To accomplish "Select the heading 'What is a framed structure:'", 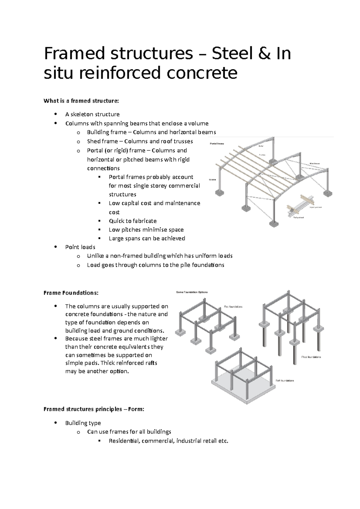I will [81, 101].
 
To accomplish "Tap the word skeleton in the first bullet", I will [82, 114].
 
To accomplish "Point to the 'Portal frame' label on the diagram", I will [216, 144].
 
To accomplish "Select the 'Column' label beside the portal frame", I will [213, 180].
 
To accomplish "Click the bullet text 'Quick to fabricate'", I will [133, 221].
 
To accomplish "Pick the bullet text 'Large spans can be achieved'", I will [147, 238].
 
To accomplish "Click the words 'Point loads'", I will [80, 247].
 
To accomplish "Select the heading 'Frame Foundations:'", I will [71, 293].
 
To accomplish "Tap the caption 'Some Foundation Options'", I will [192, 292].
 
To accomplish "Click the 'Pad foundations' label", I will [233, 307].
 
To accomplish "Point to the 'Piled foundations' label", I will [311, 357].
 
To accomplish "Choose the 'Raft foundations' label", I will [285, 381].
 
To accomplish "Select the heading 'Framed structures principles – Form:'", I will [94, 409].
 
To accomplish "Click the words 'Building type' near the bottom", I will [83, 423].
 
